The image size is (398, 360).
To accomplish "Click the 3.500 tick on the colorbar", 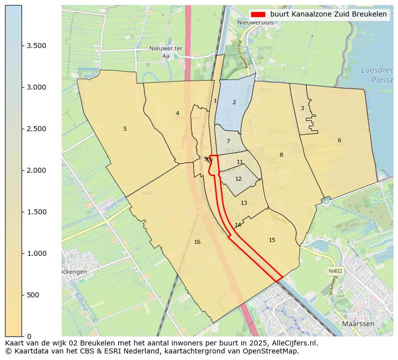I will point(23,46).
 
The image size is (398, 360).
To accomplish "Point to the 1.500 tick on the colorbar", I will point(23,212).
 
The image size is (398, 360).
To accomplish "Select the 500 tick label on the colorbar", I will point(33,295).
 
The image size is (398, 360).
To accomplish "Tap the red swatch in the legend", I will point(258,14).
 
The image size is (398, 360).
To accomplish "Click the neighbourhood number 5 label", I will point(125,129).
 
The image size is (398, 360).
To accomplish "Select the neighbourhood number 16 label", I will point(197,242).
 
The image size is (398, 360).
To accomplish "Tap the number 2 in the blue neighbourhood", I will point(234,102).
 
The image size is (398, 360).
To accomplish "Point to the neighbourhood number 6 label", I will point(339,140).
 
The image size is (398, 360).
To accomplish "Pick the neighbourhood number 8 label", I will point(281,155).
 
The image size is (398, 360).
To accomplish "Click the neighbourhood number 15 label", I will point(272,240).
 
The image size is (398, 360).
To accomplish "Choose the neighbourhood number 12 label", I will point(238,179).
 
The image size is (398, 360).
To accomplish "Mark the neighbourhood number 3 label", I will point(302,108).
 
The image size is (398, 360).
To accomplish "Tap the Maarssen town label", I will point(358,324).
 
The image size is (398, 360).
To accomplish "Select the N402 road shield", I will point(335,271).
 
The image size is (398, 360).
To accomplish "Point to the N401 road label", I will point(148,192).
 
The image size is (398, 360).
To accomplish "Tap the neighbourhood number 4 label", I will point(177,113).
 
